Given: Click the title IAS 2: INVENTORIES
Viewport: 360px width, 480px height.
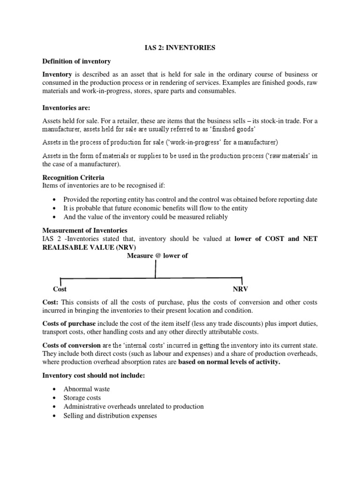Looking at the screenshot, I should (x=180, y=48).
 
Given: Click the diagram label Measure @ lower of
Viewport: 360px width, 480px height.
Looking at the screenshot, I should (x=157, y=256).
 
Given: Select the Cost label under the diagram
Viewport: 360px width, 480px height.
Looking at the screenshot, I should (x=60, y=290).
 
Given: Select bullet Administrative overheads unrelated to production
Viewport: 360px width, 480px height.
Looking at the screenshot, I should (x=133, y=406).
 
